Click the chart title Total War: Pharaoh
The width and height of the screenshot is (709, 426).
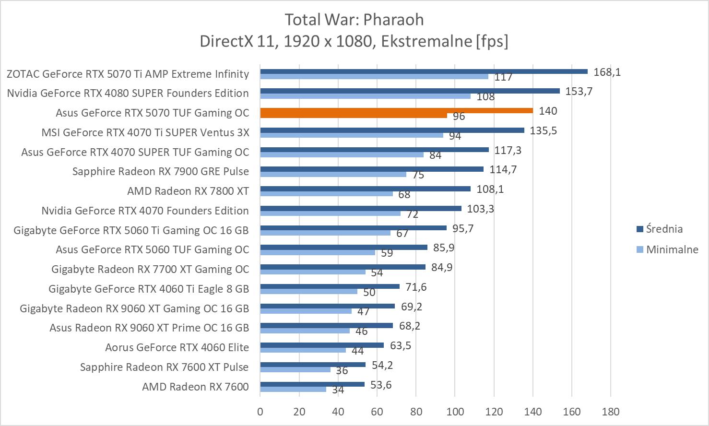[354, 20]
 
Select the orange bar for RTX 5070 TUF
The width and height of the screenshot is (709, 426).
[396, 111]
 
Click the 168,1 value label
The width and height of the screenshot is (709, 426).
[607, 72]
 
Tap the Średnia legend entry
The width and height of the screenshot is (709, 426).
[664, 229]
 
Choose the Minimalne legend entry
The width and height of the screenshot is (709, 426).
[672, 249]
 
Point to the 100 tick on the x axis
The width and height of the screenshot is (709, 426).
[455, 412]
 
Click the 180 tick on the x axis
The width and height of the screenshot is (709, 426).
[610, 412]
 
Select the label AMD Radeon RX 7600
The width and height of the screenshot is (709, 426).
[195, 387]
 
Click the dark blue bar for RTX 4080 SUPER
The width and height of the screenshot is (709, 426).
[410, 91]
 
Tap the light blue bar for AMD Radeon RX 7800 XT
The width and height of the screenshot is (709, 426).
[326, 194]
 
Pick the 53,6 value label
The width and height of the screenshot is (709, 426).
[381, 385]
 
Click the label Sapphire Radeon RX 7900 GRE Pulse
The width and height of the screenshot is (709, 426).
[160, 171]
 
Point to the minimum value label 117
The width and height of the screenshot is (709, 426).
[504, 77]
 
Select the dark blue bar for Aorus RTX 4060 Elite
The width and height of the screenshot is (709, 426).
[322, 345]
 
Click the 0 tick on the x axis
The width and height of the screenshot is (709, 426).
[260, 412]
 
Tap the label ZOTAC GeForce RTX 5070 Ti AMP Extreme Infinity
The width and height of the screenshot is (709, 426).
[128, 74]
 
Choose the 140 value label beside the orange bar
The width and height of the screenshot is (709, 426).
[548, 111]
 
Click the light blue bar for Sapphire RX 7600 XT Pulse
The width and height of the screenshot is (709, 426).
[295, 369]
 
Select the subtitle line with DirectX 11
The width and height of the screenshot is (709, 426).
[354, 41]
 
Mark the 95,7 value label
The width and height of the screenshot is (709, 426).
[463, 228]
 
